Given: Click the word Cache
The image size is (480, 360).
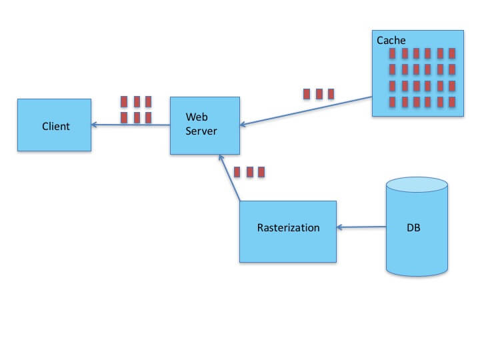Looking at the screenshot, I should click(391, 41).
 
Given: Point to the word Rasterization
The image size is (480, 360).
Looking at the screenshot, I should click(288, 228).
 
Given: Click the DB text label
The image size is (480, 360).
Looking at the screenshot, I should click(413, 228).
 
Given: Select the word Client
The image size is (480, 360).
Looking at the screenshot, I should click(55, 126).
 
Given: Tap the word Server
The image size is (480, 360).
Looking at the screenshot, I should click(201, 131).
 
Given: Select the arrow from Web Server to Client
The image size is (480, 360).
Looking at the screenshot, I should click(131, 125).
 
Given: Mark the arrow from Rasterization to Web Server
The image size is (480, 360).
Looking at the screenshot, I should click(229, 177).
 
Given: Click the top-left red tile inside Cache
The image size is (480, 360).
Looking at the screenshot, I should click(391, 53).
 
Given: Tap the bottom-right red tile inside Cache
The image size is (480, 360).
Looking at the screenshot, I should click(451, 102).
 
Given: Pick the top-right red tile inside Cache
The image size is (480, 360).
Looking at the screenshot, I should click(451, 53).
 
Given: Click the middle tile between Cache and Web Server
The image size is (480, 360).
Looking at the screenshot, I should click(318, 94).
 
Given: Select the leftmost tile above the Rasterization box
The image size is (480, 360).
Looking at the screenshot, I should click(238, 172).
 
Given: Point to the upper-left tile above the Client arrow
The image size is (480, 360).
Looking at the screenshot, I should click(124, 102).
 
